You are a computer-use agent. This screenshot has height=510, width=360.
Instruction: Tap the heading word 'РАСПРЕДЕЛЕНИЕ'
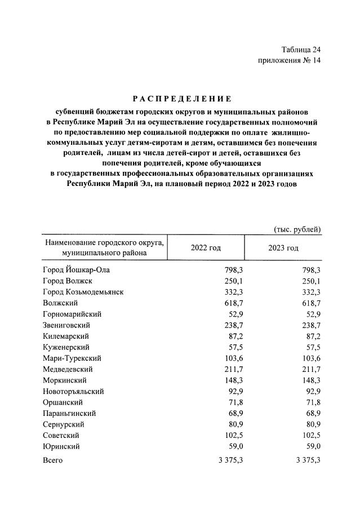tap(179, 99)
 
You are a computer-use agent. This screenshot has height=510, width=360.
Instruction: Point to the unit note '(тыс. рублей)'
tap(297, 229)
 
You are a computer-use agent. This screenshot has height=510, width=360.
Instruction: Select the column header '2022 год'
tap(206, 248)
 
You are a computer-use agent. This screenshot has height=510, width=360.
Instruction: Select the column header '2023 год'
tap(283, 248)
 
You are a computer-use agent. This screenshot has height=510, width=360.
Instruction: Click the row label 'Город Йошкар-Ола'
tap(76, 270)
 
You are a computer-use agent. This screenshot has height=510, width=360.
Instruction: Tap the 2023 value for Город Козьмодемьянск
tap(310, 292)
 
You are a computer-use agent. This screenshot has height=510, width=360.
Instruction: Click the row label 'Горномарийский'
tap(72, 314)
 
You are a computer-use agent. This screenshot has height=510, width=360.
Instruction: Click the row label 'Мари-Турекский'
tap(72, 358)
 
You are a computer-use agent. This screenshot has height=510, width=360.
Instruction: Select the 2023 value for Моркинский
tap(310, 380)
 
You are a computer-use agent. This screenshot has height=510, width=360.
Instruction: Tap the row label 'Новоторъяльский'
tap(73, 391)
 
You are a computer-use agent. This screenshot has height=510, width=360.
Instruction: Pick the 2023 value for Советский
tap(310, 435)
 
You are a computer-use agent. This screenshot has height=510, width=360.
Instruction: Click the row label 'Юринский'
tap(61, 446)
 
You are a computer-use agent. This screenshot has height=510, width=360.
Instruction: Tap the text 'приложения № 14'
tap(288, 61)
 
